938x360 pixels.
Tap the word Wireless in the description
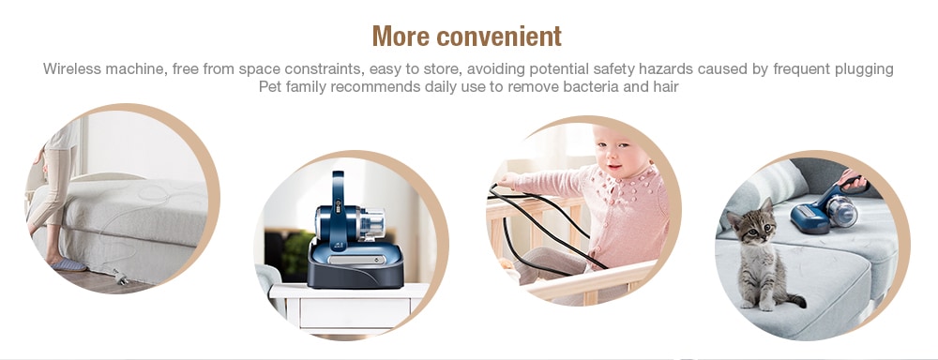pos(71,69)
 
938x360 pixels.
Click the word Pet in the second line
pos(271,87)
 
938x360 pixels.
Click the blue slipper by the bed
pos(68,265)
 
